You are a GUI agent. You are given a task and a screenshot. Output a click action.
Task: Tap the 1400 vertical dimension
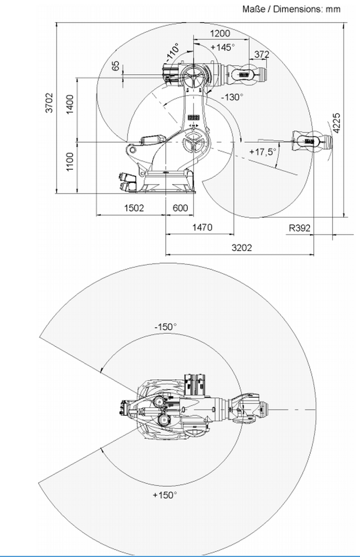pyautogui.click(x=70, y=105)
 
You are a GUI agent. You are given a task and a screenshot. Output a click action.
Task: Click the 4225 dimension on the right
pyautogui.click(x=336, y=123)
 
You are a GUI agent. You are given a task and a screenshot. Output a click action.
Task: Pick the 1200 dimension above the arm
pyautogui.click(x=220, y=33)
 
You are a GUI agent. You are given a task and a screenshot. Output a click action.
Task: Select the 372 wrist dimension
pyautogui.click(x=261, y=54)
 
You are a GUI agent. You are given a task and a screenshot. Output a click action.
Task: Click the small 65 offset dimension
pyautogui.click(x=116, y=66)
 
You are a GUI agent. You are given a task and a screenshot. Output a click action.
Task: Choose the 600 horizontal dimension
pyautogui.click(x=180, y=208)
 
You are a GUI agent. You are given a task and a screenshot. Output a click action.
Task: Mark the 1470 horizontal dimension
pyautogui.click(x=202, y=228)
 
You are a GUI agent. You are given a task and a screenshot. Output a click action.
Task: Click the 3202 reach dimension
pyautogui.click(x=242, y=247)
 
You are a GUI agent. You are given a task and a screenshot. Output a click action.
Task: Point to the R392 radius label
pyautogui.click(x=300, y=228)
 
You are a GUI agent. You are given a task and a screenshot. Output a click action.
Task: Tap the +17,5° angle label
pyautogui.click(x=263, y=152)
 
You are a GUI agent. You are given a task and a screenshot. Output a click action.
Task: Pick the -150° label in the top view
pyautogui.click(x=165, y=327)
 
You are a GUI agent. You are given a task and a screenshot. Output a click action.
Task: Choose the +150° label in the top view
pyautogui.click(x=165, y=495)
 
